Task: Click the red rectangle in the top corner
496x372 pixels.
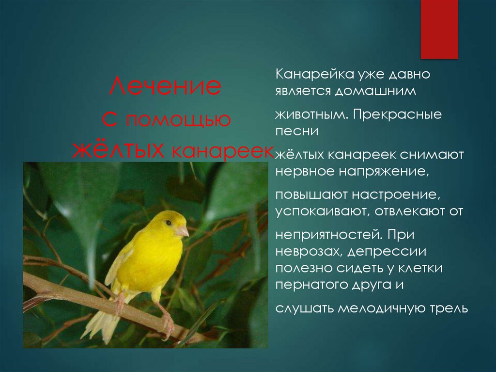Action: point(439,29)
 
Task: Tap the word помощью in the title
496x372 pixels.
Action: point(178,120)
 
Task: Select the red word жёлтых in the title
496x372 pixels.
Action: point(117,151)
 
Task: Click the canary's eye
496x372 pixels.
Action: point(169,223)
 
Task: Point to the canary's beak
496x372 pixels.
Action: point(183,231)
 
